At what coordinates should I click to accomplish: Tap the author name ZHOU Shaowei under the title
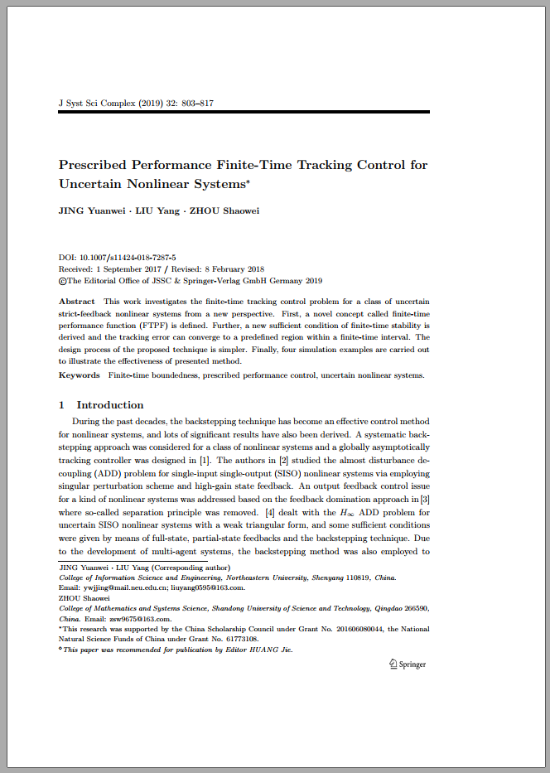[224, 210]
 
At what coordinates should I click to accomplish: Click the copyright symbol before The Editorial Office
[61, 281]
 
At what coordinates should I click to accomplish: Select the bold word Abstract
[77, 302]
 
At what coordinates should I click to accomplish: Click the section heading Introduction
[109, 405]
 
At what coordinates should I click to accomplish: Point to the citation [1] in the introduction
[204, 461]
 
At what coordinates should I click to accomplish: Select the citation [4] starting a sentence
[269, 514]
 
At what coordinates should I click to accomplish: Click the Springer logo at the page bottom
[408, 664]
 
